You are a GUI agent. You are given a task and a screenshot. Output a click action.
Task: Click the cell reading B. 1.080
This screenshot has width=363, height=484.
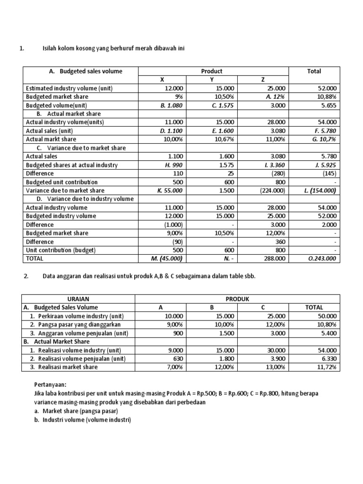pos(173,105)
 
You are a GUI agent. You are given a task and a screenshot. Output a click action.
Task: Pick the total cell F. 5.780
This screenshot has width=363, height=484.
pos(325,131)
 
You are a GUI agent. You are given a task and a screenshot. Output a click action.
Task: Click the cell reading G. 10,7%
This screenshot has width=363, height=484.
pos(325,139)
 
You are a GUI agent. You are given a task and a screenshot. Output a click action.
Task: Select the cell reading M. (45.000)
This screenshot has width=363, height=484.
pos(171,259)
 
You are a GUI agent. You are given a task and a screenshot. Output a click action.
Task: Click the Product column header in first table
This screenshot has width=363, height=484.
pos(212,71)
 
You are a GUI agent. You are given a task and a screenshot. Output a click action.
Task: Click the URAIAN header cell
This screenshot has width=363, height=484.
pos(78,299)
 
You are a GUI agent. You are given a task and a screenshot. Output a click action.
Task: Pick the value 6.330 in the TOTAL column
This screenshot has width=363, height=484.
pos(328,359)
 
